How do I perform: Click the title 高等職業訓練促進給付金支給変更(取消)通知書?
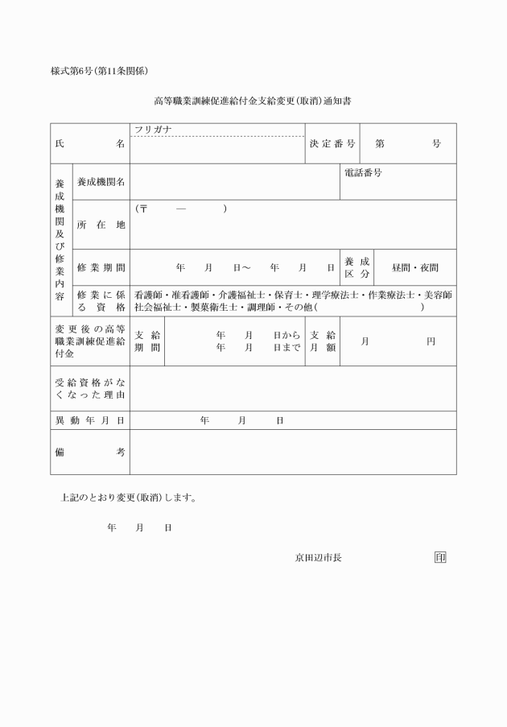point(253,102)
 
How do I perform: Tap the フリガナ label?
point(154,130)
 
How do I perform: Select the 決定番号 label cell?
point(332,143)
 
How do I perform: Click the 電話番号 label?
point(363,173)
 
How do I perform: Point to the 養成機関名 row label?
point(101,182)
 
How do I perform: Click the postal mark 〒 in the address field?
point(144,209)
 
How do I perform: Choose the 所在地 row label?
point(101,225)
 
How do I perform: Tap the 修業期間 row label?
point(101,266)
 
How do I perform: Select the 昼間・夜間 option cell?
point(414,266)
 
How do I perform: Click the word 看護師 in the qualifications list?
point(148,295)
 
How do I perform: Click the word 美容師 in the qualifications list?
point(438,295)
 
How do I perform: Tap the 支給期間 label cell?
point(146,341)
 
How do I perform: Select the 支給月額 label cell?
point(323,341)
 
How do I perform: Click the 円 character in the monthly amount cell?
point(431,341)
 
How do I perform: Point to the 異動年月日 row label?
point(89,420)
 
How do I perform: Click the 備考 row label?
point(89,452)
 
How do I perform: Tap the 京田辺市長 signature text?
point(318,557)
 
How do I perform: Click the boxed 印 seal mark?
point(439,557)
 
